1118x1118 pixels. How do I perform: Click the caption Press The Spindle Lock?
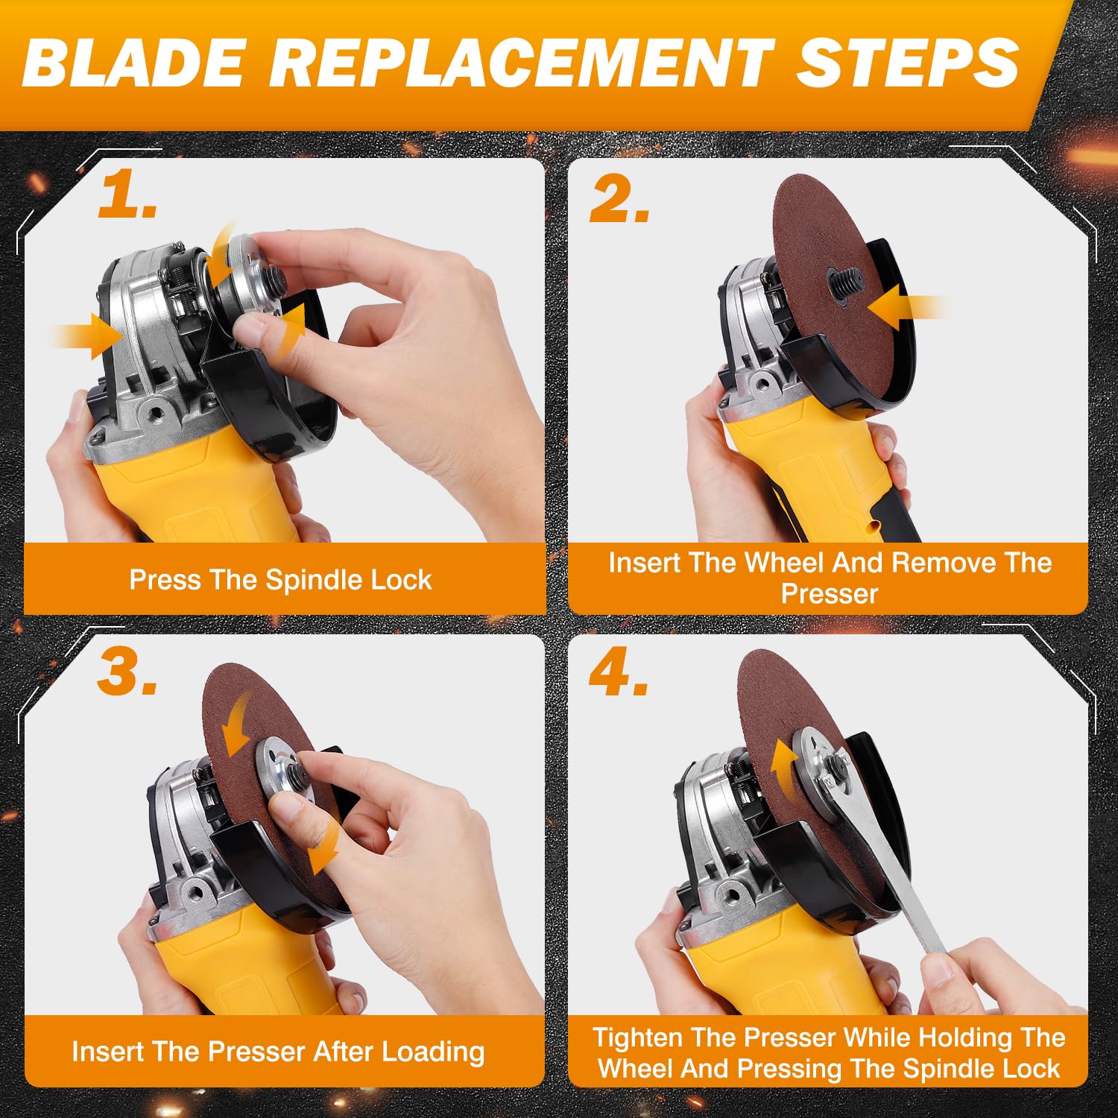point(280,580)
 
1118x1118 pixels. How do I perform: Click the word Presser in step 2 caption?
point(830,594)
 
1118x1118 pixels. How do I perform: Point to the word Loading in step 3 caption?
point(433,1052)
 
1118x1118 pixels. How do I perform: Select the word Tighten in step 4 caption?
point(638,1038)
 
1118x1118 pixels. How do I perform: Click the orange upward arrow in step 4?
point(783,771)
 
